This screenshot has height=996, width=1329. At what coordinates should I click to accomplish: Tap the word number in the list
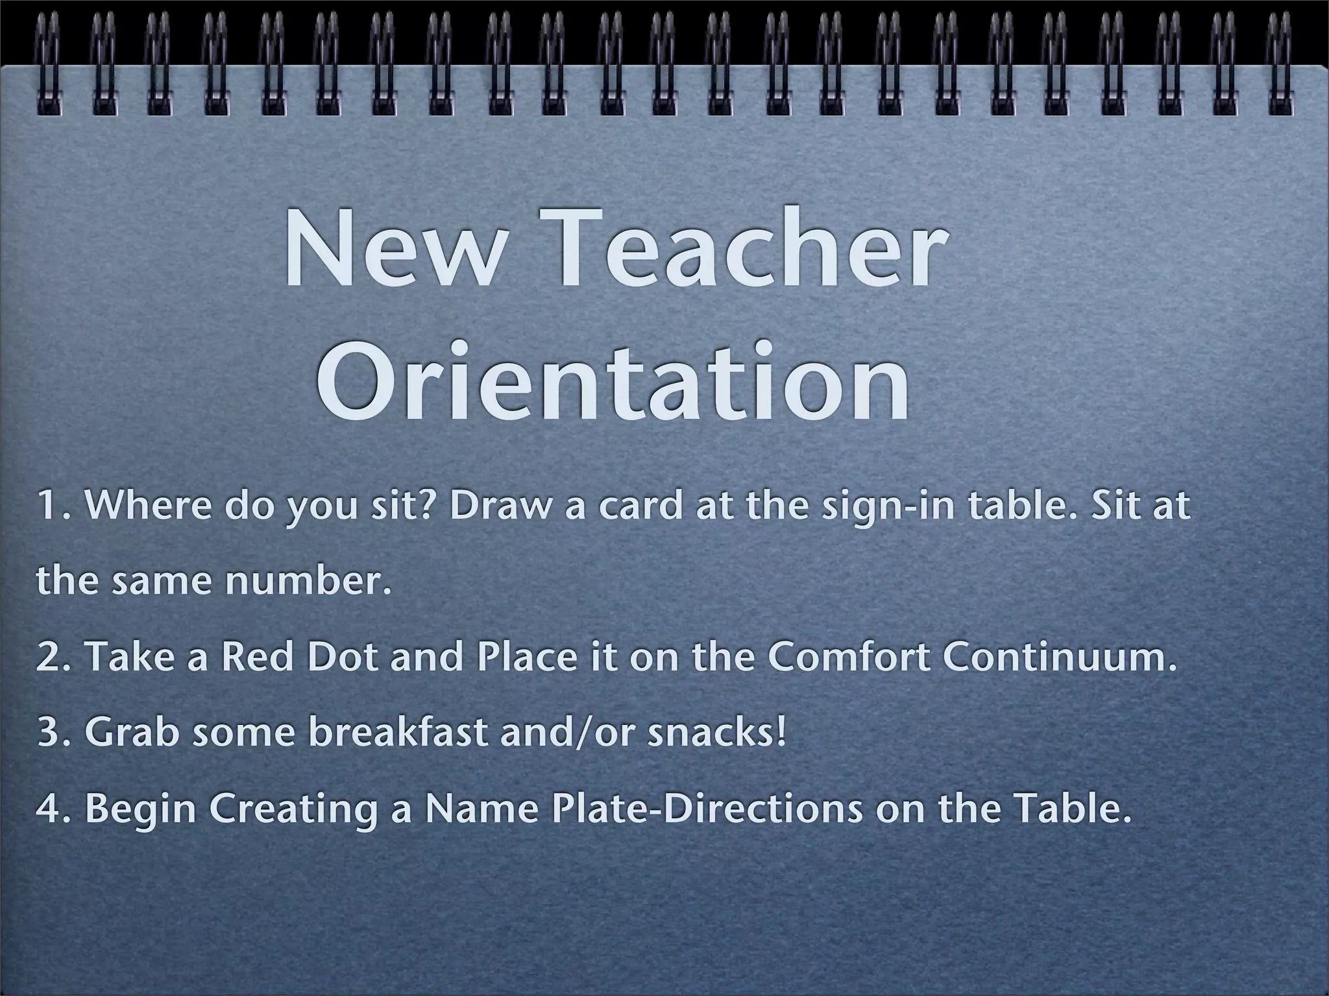pos(308,580)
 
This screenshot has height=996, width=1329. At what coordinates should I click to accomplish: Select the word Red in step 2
pos(257,657)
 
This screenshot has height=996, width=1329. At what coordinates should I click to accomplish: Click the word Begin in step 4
pos(140,810)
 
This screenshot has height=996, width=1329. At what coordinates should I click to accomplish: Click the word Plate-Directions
pos(707,809)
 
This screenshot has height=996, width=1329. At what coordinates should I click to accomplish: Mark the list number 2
pos(49,658)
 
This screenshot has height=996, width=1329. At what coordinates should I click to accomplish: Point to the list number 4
pos(49,809)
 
